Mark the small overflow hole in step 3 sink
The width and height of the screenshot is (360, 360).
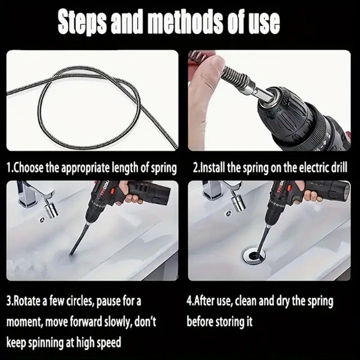point(42,220)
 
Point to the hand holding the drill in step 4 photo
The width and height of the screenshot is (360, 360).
point(312,196)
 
